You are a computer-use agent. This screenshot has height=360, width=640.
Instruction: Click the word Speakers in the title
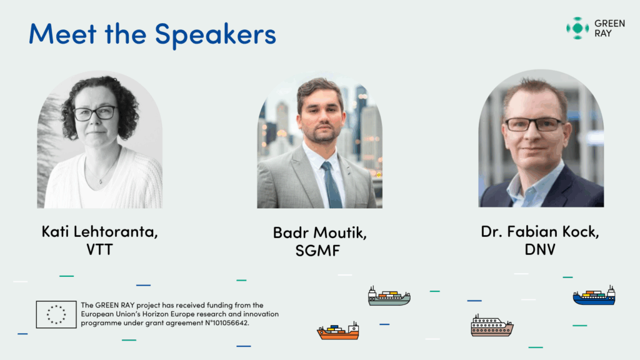[x=216, y=35]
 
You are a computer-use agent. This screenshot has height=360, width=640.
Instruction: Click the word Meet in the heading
[x=62, y=34]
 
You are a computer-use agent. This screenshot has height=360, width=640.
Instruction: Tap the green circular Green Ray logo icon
[x=577, y=28]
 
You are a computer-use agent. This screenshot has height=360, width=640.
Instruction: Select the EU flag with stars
[x=56, y=315]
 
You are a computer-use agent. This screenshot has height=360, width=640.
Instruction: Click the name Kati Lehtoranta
[x=99, y=232]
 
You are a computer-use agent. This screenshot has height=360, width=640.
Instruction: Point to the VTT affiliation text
[x=99, y=250]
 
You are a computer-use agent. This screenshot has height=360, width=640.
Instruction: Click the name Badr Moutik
[x=319, y=233]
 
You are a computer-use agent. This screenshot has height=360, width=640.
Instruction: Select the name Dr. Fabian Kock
[x=539, y=232]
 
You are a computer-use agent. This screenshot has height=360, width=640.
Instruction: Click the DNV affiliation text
[x=539, y=250]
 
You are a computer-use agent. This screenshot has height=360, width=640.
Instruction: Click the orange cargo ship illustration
[x=338, y=331]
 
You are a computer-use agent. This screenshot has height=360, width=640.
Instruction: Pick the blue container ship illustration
[x=594, y=296]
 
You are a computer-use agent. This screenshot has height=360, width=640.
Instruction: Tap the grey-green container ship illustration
[x=389, y=296]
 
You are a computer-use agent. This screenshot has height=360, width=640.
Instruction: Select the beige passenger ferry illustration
[x=492, y=326]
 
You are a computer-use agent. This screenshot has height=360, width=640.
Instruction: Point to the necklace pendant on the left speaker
[x=101, y=181]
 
